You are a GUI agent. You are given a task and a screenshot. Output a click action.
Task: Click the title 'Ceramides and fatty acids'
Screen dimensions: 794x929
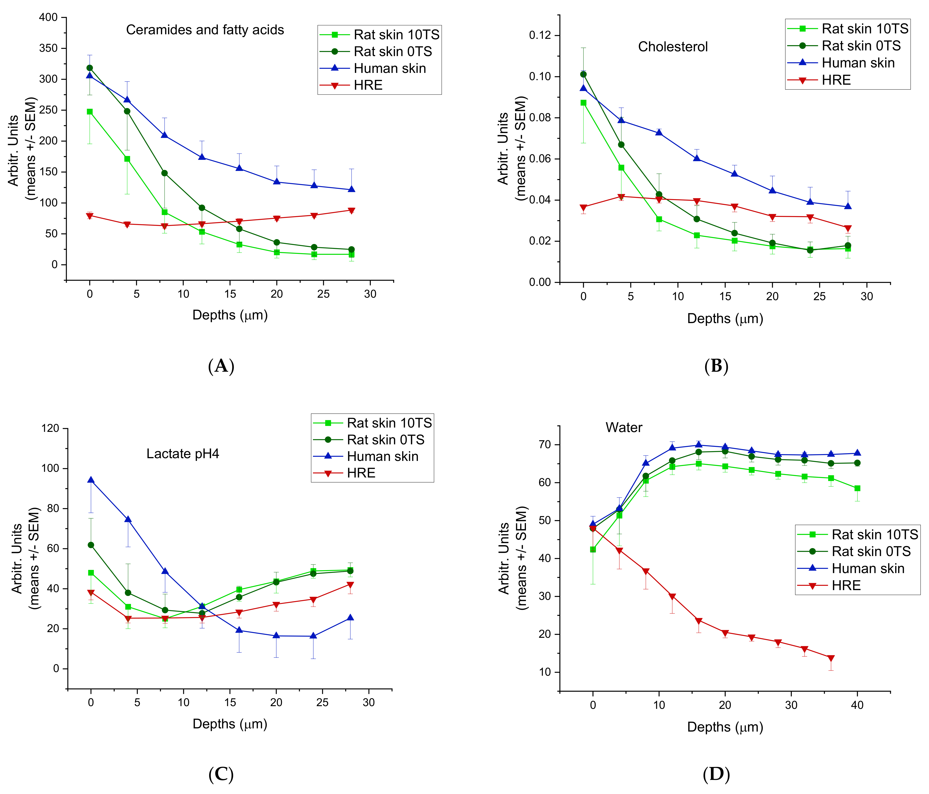[x=205, y=30]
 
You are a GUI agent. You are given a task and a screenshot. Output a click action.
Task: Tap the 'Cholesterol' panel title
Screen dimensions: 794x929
[x=673, y=47]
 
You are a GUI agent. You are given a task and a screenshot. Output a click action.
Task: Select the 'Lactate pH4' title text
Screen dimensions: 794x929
[x=183, y=454]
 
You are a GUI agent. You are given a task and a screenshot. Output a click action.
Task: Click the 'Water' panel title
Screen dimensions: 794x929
[x=624, y=427]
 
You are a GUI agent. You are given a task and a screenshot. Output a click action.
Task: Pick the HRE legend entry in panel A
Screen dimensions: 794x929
[x=368, y=85]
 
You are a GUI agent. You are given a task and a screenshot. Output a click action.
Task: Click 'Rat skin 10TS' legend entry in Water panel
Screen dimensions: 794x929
[x=874, y=534]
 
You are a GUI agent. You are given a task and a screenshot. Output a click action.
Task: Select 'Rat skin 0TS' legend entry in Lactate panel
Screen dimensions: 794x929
[x=385, y=440]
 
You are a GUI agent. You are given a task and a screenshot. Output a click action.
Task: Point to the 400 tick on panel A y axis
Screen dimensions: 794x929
[x=48, y=17]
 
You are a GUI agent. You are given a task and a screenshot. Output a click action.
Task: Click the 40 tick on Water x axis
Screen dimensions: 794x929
[x=857, y=705]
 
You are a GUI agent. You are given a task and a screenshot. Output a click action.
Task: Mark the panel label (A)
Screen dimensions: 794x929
[x=221, y=366]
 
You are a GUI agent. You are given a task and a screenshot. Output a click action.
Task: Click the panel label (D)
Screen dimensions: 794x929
[x=716, y=774]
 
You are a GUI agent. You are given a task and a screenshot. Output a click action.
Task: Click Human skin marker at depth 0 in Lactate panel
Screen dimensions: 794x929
[x=91, y=480]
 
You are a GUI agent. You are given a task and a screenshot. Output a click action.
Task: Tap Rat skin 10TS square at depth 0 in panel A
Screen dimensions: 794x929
[x=90, y=112]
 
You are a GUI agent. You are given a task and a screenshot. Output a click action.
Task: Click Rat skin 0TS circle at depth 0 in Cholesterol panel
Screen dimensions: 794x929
[x=583, y=74]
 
